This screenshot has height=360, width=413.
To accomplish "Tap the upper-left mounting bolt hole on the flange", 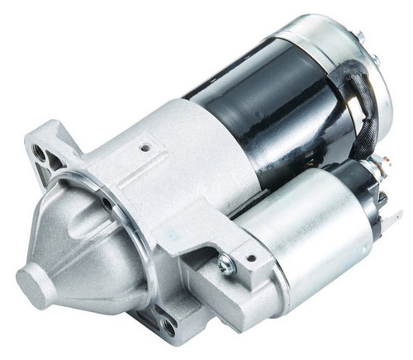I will [40, 152].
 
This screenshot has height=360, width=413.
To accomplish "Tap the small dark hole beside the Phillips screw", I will [250, 258].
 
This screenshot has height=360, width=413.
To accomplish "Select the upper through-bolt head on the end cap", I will [360, 37].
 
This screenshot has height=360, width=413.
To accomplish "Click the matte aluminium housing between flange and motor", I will [190, 165].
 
